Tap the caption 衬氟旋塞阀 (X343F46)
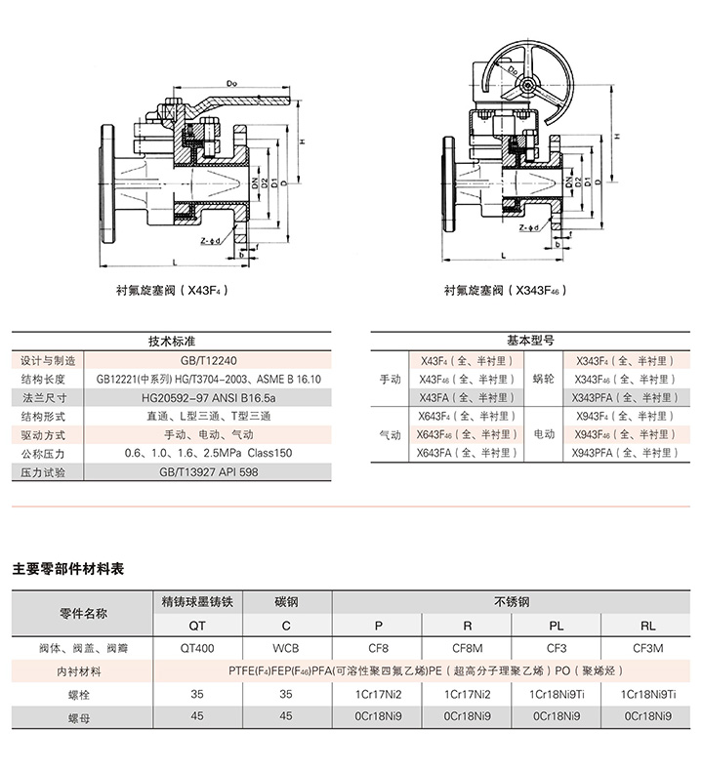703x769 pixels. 506,290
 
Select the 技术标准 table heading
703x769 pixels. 172,342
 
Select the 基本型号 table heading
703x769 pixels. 530,342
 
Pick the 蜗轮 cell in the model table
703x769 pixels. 544,379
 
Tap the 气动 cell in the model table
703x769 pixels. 390,434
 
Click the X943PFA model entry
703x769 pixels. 622,453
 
